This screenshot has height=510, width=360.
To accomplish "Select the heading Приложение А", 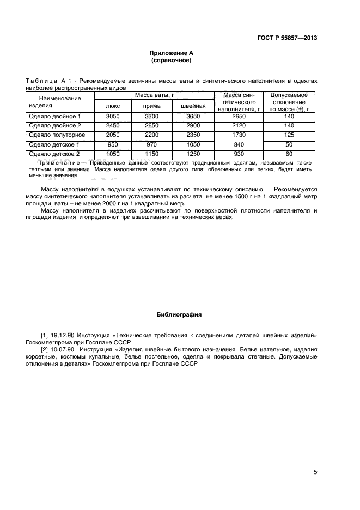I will click(x=172, y=53).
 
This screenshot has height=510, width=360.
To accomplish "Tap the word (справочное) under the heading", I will click(x=172, y=60).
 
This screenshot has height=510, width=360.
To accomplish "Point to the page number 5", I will click(x=315, y=472).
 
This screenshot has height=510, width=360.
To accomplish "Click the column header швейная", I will click(x=192, y=106).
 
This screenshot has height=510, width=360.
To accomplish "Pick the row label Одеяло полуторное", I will click(x=57, y=135).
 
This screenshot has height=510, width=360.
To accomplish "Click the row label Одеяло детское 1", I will click(x=54, y=144).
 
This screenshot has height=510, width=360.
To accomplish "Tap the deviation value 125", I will click(x=289, y=135).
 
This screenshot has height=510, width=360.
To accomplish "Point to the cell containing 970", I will click(x=152, y=144).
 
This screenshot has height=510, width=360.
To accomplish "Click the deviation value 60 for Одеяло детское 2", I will click(x=289, y=154).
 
